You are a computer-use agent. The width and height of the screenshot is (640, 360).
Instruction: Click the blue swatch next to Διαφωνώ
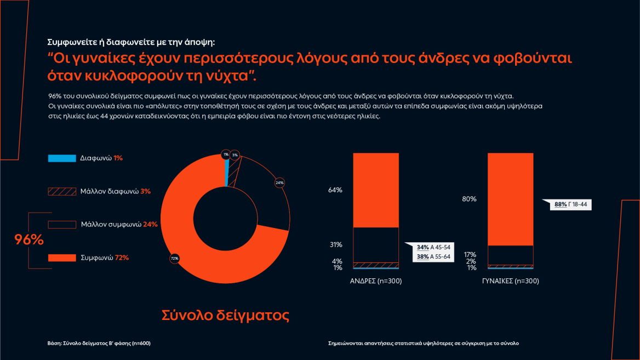(x=62, y=158)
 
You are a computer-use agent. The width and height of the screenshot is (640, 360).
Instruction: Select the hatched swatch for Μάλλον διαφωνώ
(x=62, y=191)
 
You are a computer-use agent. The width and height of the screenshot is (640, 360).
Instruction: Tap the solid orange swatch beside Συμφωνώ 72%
(x=62, y=258)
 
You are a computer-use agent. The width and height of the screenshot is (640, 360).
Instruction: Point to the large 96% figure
(x=28, y=239)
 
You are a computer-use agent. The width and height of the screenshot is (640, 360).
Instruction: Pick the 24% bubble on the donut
(x=279, y=182)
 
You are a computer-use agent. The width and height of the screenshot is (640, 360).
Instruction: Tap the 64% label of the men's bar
(x=335, y=190)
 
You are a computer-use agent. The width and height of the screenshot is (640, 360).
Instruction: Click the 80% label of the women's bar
(x=469, y=199)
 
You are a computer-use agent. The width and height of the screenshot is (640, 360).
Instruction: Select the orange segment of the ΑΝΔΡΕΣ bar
(x=375, y=190)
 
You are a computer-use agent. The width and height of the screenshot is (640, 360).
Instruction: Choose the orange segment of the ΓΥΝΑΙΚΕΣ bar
(x=510, y=199)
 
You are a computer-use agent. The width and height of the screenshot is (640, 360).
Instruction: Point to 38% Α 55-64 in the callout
(x=433, y=256)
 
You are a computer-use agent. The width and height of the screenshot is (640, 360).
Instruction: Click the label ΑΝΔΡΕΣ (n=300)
(x=376, y=281)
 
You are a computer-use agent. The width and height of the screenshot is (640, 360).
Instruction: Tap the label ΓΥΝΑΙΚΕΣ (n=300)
(x=510, y=281)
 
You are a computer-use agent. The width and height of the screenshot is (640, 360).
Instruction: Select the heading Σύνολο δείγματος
(x=225, y=315)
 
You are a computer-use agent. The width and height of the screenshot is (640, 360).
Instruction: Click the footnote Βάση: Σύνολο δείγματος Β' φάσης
(x=99, y=343)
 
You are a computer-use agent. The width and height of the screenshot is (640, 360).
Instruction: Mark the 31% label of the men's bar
(x=335, y=244)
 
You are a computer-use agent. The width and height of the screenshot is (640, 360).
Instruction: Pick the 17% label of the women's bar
(x=469, y=254)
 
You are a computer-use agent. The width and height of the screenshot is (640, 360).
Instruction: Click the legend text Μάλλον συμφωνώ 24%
(x=119, y=224)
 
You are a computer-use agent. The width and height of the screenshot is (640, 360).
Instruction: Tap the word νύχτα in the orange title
(x=225, y=74)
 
